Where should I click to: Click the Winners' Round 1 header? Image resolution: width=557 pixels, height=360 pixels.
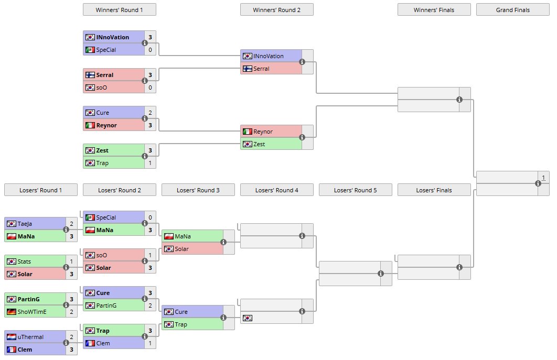coord(119,10)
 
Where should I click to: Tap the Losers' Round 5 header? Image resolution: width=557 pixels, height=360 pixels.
coord(355,190)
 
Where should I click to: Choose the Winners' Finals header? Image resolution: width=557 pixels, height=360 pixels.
coord(434,10)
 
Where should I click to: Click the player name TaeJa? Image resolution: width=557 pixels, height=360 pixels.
coord(25,224)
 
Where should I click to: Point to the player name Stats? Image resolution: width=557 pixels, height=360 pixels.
coord(24,261)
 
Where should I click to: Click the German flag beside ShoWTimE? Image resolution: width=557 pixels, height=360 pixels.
coord(11,312)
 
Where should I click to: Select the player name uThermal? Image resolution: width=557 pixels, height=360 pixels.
coord(30,337)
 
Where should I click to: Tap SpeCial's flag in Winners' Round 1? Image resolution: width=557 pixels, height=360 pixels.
coord(90,50)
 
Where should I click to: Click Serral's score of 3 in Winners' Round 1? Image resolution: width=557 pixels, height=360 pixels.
coord(150,75)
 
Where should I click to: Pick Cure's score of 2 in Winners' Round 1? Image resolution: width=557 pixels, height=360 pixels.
coord(150,113)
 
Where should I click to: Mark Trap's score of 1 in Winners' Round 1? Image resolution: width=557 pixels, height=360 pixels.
coord(150,163)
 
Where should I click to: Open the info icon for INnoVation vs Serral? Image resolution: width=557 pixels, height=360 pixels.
coord(302,62)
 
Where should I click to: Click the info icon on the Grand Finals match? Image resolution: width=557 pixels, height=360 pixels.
coord(538,183)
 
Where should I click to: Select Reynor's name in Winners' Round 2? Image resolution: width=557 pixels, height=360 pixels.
coord(264,132)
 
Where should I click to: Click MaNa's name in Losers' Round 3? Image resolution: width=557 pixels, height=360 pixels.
coord(183,236)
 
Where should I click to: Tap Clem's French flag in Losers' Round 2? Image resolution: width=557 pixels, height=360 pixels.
coord(90,343)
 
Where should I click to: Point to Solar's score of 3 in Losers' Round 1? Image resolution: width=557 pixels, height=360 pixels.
coord(71,274)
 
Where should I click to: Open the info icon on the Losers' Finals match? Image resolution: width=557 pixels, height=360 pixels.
coord(459,267)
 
